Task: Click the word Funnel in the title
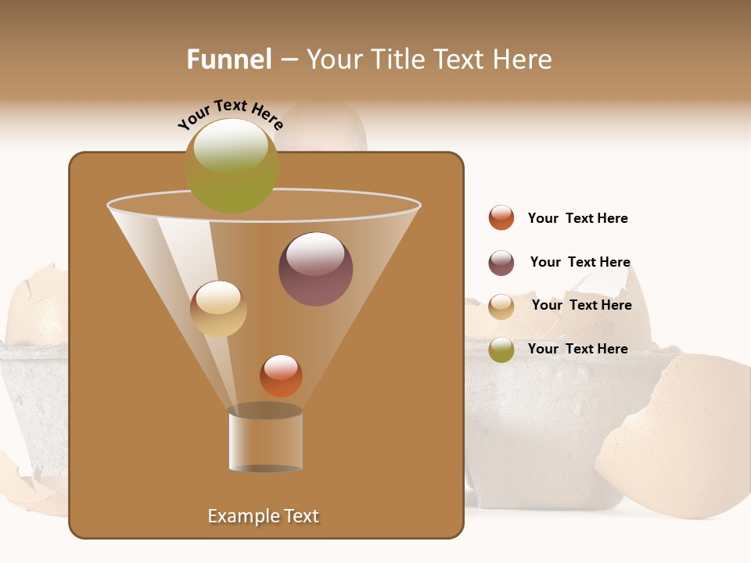click(x=228, y=59)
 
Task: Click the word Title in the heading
click(x=395, y=59)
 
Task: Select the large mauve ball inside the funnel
click(x=315, y=270)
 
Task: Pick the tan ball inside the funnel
click(x=218, y=310)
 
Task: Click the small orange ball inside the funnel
click(x=281, y=376)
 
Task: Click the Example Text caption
click(x=264, y=516)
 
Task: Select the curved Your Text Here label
click(x=230, y=115)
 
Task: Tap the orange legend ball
click(x=501, y=217)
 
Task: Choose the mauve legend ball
click(x=501, y=263)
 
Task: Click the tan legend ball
click(x=501, y=307)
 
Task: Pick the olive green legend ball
click(x=501, y=350)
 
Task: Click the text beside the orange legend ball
click(x=577, y=218)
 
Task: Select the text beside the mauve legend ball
click(x=580, y=262)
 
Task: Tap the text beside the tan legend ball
click(x=581, y=305)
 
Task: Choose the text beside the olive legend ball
click(x=577, y=349)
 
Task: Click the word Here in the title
click(x=523, y=59)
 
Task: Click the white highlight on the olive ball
click(x=231, y=145)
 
